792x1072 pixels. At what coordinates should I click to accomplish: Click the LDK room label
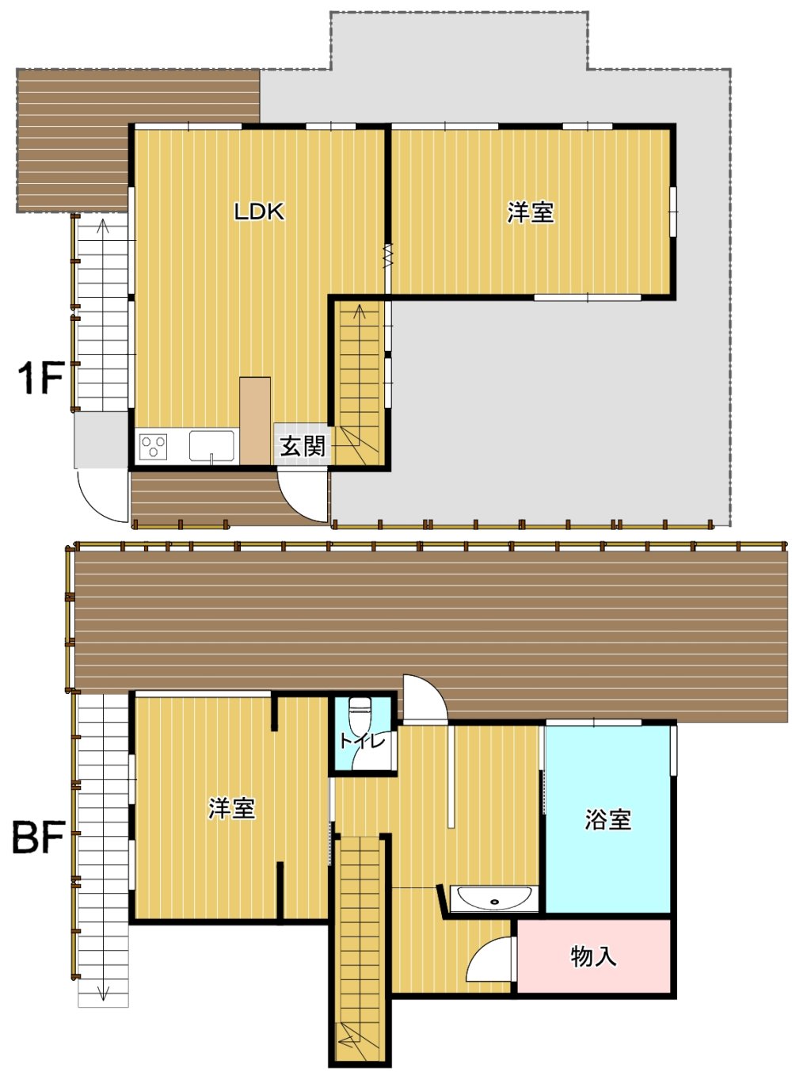point(258,212)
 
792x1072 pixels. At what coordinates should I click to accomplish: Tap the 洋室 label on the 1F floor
point(530,212)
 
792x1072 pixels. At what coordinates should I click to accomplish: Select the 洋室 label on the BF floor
point(231,808)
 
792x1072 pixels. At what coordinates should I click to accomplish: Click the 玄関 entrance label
point(303,445)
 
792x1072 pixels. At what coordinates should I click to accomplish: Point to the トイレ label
point(363,740)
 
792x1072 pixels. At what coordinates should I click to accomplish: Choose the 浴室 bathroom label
point(608,819)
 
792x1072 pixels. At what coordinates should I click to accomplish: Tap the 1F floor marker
point(40,379)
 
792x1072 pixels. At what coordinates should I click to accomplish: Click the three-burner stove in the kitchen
point(153,446)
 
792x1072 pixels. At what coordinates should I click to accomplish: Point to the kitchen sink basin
point(211,445)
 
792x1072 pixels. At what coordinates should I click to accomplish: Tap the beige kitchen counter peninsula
point(255,421)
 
